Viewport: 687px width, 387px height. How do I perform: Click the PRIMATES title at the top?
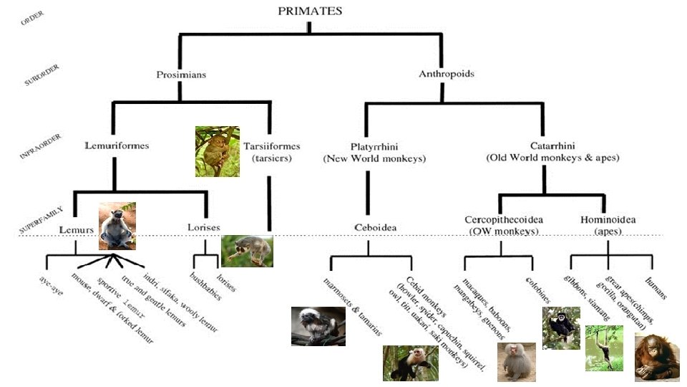click(310, 11)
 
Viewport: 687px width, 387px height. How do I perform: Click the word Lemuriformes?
click(117, 145)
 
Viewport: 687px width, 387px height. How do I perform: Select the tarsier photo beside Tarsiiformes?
click(217, 152)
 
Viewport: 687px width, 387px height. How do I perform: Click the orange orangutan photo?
click(656, 356)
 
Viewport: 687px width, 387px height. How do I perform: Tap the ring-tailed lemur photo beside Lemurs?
click(117, 226)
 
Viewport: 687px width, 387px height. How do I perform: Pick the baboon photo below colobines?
click(516, 362)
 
